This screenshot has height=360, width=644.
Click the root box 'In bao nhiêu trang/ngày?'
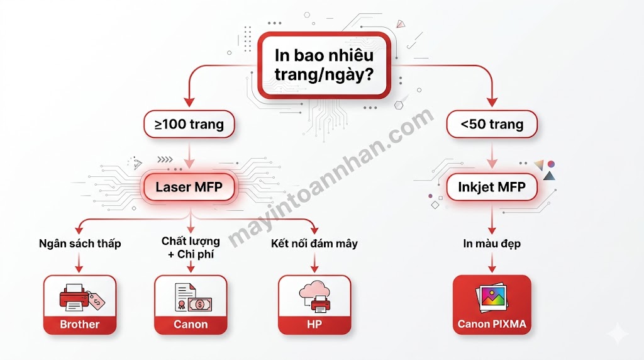click(324, 65)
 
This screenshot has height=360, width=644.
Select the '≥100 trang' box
click(189, 125)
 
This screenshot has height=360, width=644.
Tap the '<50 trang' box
click(492, 125)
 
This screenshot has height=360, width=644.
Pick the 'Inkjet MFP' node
click(492, 186)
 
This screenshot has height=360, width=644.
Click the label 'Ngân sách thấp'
click(80, 244)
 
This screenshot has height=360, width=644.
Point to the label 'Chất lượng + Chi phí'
click(191, 247)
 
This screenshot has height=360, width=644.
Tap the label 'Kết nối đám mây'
click(314, 244)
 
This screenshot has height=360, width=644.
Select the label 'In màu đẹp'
click(492, 244)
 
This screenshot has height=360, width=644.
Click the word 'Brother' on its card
click(80, 325)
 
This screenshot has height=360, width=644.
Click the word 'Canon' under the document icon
click(191, 325)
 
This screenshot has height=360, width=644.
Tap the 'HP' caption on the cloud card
click(314, 325)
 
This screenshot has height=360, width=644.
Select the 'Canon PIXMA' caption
click(492, 325)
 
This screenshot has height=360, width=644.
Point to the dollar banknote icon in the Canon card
click(200, 304)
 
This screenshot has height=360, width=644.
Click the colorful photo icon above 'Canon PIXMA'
click(492, 298)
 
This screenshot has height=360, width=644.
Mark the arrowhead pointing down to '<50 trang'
click(492, 101)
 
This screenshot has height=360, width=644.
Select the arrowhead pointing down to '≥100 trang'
click(189, 101)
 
